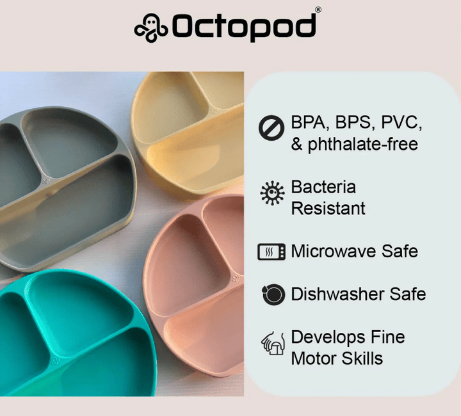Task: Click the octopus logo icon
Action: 151,27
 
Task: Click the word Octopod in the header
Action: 244,27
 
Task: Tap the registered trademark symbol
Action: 319,10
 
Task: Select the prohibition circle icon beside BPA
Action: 271,127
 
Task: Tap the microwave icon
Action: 271,252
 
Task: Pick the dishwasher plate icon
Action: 273,294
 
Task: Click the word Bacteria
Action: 323,187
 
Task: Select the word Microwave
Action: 332,251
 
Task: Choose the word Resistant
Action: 328,208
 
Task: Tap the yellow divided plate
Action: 192,128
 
